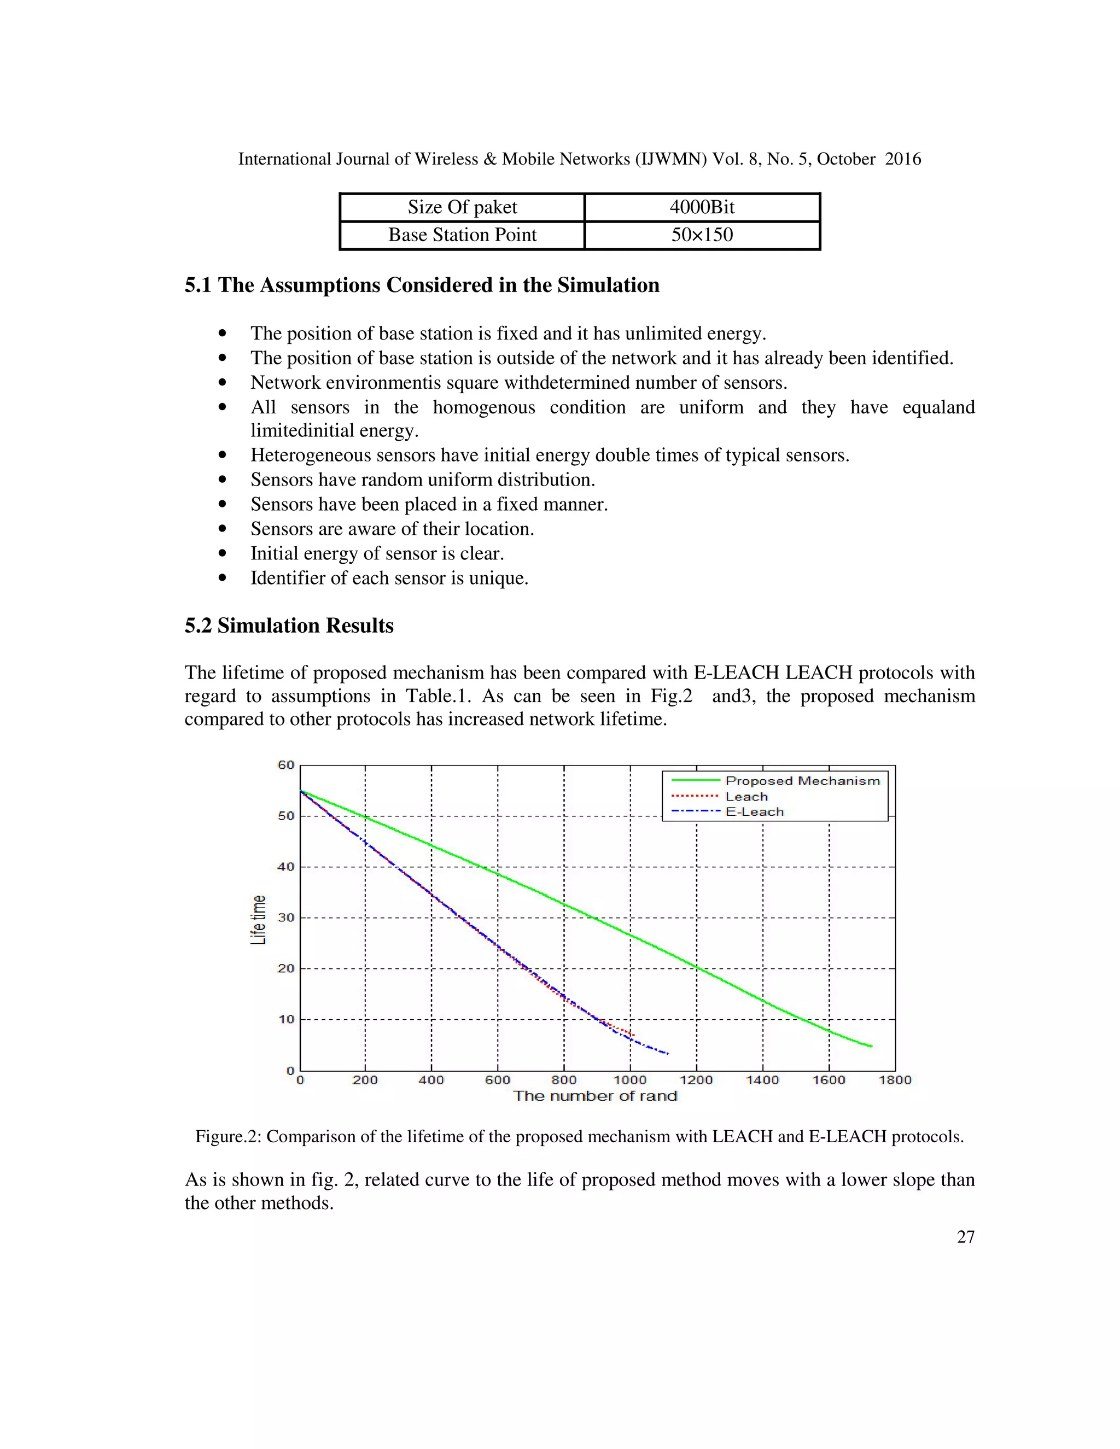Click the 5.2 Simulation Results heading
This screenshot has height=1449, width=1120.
pyautogui.click(x=289, y=626)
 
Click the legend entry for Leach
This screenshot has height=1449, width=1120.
pyautogui.click(x=746, y=797)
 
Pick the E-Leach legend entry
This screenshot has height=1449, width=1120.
pyautogui.click(x=754, y=812)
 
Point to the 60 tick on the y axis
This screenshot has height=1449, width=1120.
pyautogui.click(x=285, y=765)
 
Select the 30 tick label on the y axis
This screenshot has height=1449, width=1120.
pyautogui.click(x=285, y=918)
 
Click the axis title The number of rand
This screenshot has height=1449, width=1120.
pyautogui.click(x=594, y=1096)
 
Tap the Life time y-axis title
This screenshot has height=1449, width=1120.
pyautogui.click(x=258, y=920)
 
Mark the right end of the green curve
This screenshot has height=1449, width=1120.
pyautogui.click(x=871, y=1046)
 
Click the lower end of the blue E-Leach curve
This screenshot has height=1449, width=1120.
pyautogui.click(x=668, y=1054)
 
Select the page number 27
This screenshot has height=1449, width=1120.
pyautogui.click(x=965, y=1237)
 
